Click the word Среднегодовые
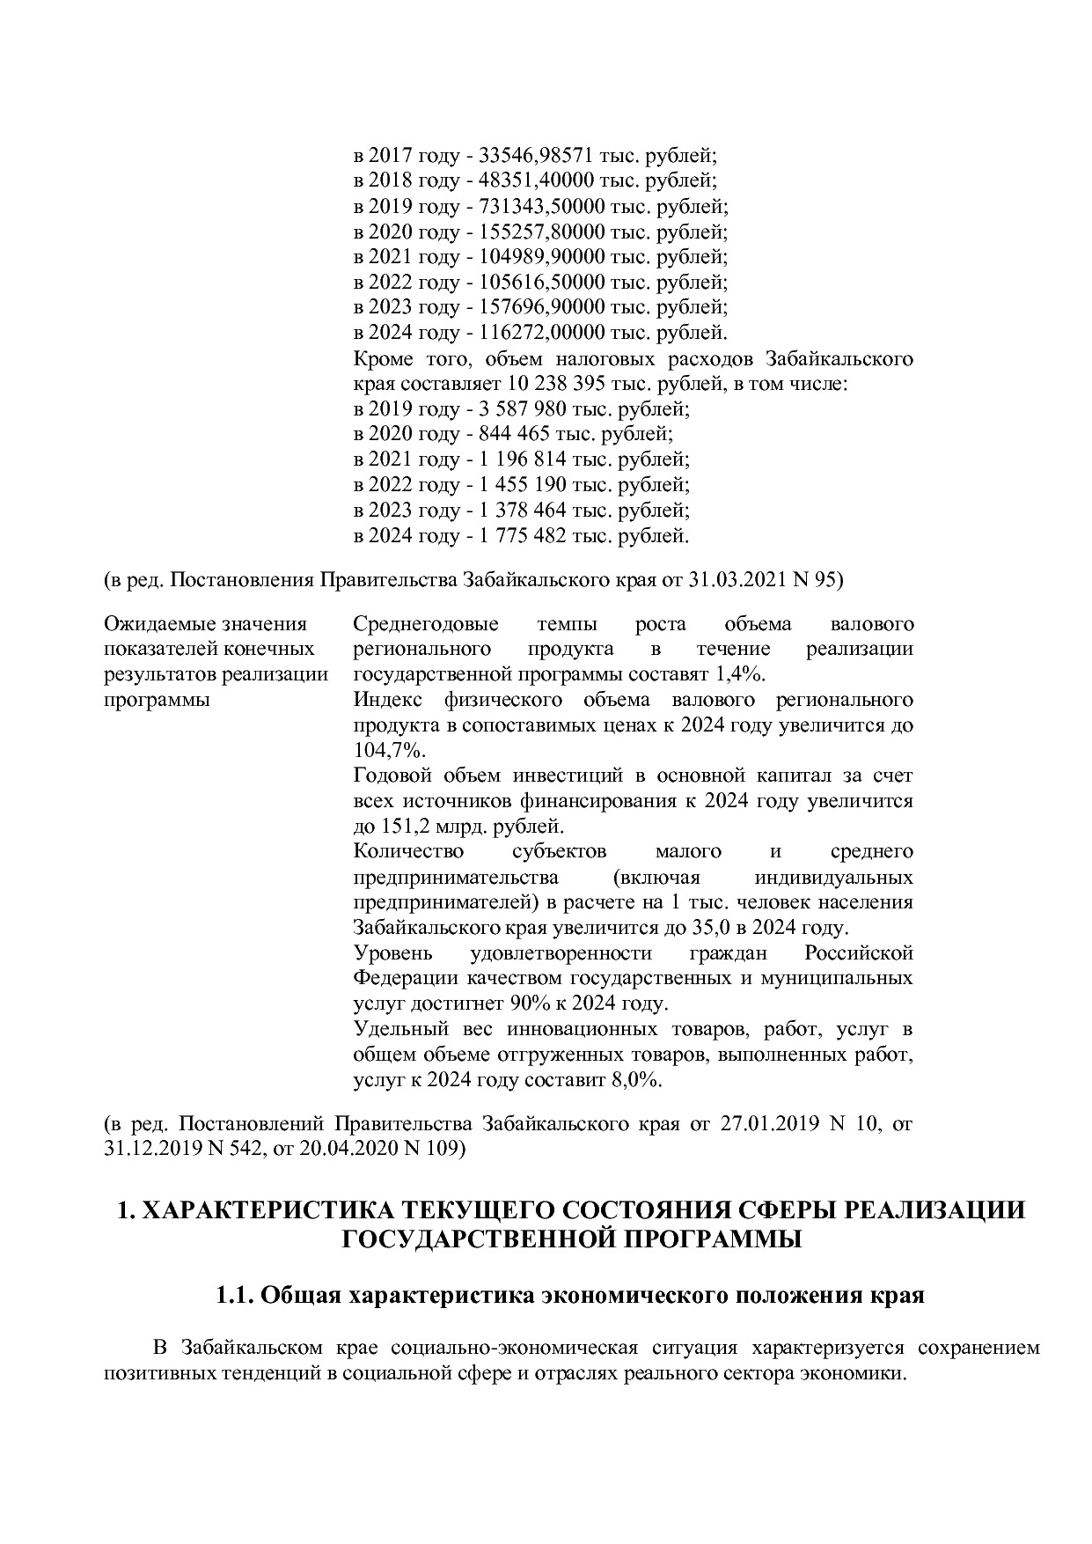pos(425,624)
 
